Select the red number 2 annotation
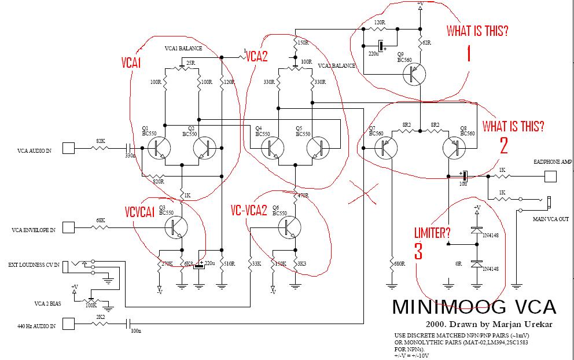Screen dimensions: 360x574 [x=503, y=145]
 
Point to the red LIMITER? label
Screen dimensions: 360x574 [x=432, y=233]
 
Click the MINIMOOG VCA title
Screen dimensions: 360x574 [x=474, y=307]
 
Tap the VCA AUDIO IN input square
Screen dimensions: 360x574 [x=68, y=149]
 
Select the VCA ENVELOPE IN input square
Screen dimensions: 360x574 [x=68, y=227]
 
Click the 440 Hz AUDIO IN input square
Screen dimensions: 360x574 [x=68, y=324]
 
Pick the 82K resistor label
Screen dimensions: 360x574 [x=101, y=142]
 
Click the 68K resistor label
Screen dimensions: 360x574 [x=101, y=221]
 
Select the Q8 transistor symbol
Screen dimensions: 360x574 [x=455, y=149]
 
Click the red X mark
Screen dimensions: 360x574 [x=363, y=193]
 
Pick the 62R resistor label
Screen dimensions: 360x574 [x=426, y=43]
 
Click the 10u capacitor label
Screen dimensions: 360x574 [x=463, y=183]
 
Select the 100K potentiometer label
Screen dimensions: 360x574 [x=91, y=304]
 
